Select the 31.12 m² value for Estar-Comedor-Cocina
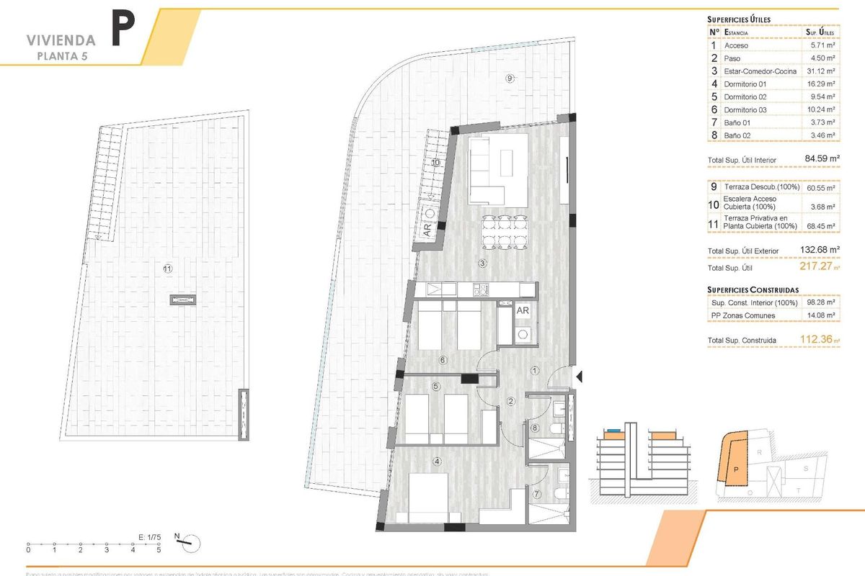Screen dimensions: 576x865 [x=820, y=71]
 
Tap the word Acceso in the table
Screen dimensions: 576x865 [x=737, y=45]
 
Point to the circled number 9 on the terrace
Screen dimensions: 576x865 [x=510, y=78]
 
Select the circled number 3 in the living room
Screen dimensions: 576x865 [x=482, y=264]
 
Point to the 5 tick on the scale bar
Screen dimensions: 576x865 [x=159, y=550]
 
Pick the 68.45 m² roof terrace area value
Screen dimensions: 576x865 [x=820, y=226]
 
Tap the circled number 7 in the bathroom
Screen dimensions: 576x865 [x=537, y=494]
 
